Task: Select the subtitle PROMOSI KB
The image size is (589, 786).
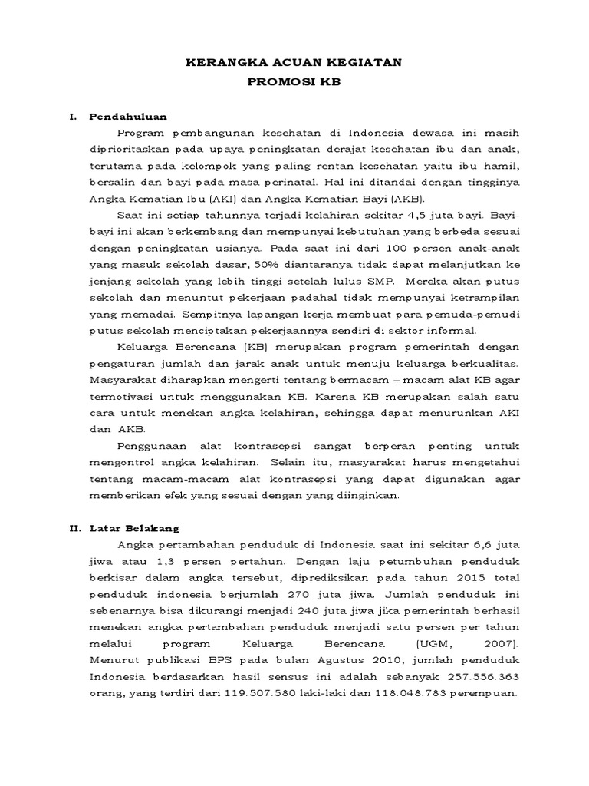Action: click(294, 81)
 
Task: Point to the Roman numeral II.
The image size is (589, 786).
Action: click(74, 528)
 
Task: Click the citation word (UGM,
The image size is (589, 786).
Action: click(408, 643)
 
